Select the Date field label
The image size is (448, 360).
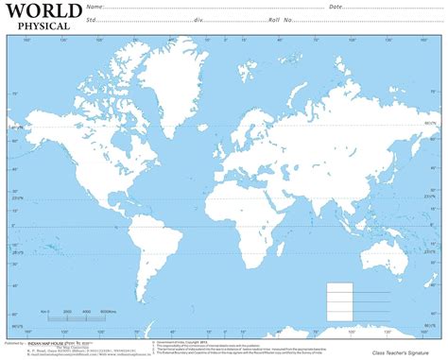(336, 7)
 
